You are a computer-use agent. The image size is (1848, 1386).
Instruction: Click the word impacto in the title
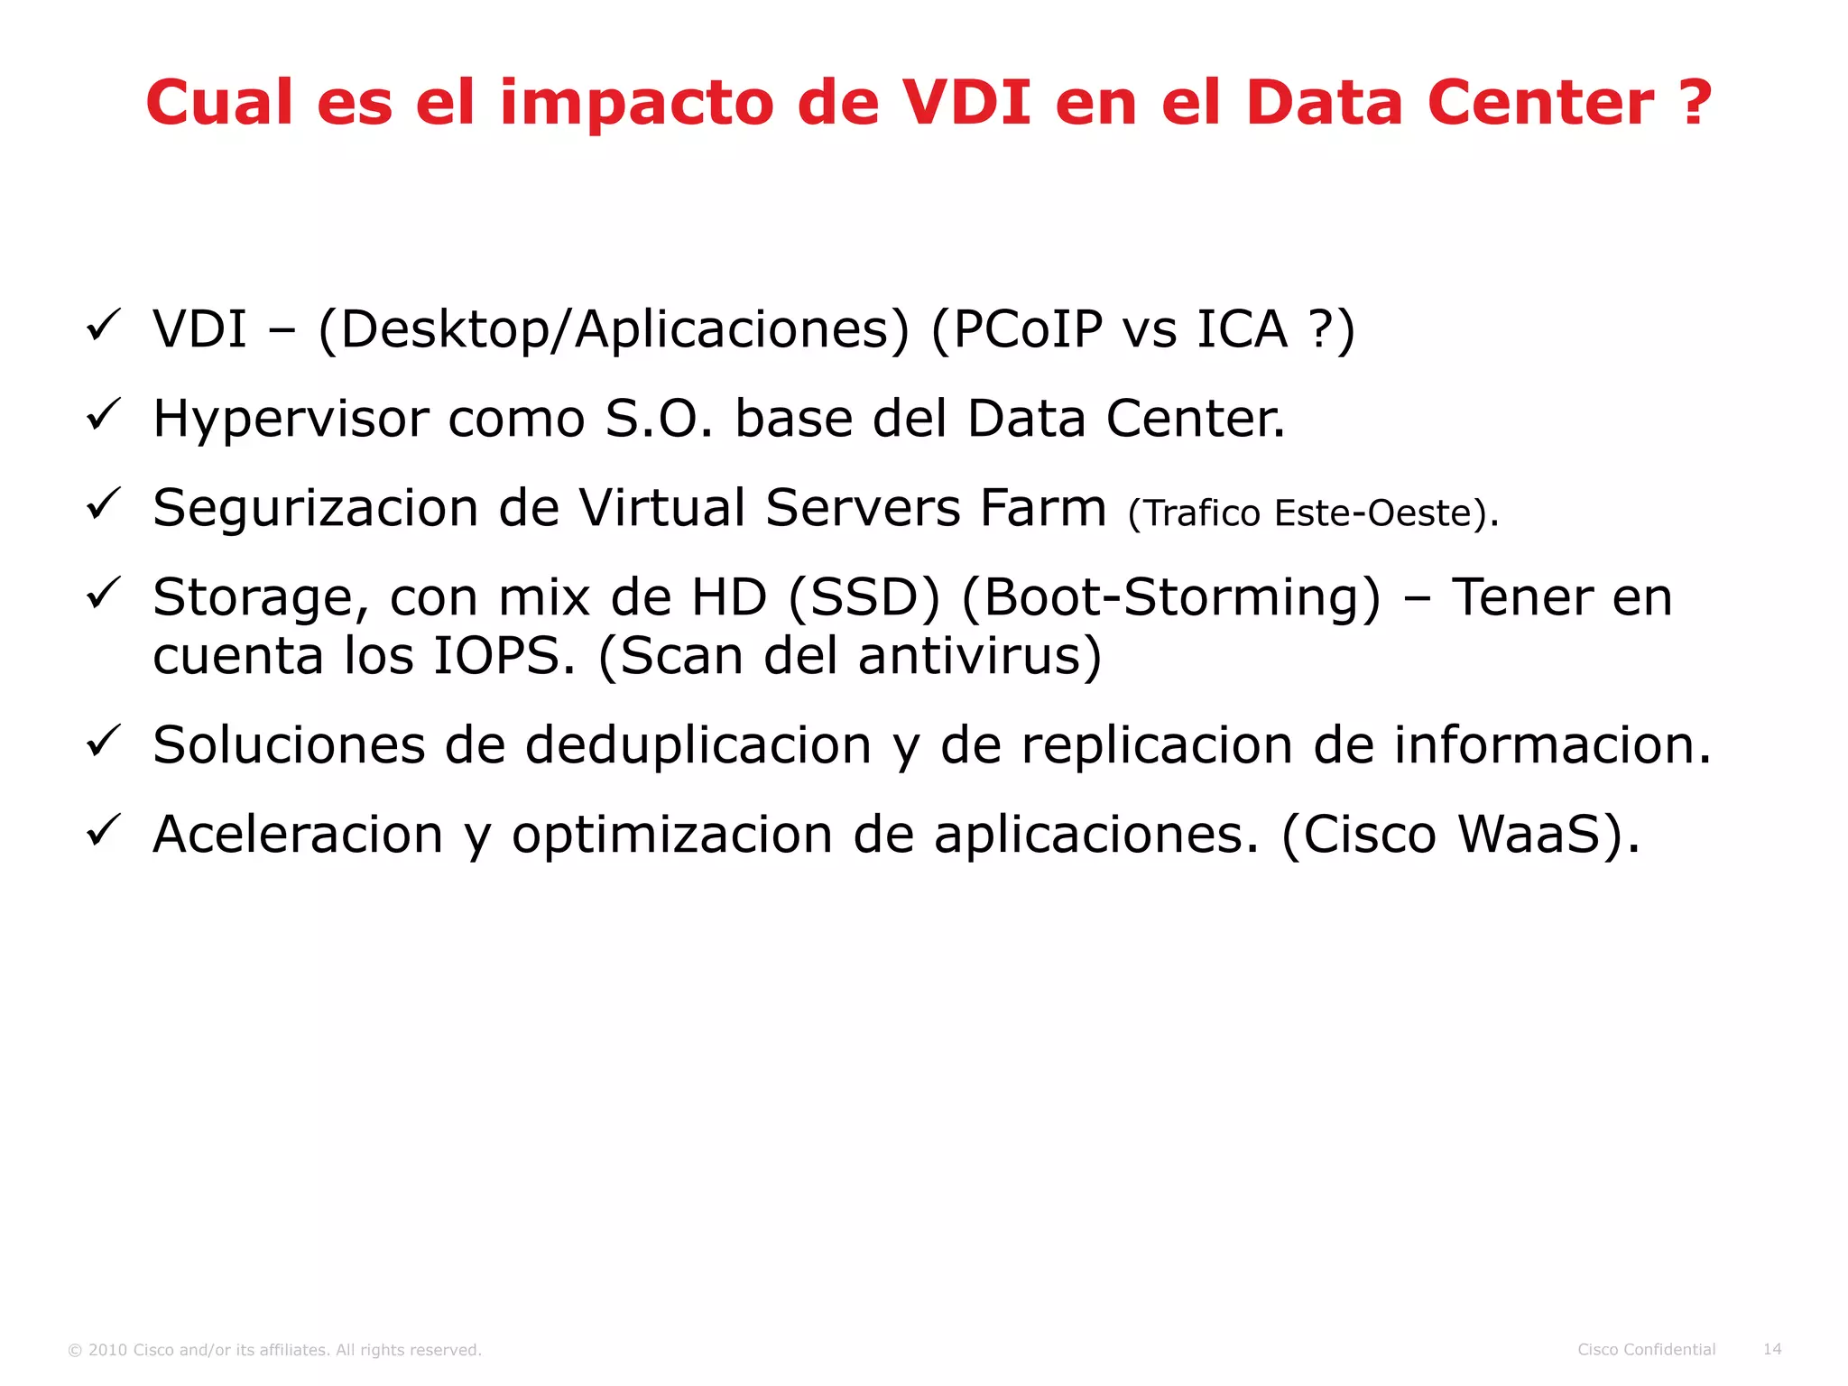(637, 104)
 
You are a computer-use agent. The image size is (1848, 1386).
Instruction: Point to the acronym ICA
(1242, 329)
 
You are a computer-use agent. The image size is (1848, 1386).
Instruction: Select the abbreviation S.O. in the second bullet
(658, 419)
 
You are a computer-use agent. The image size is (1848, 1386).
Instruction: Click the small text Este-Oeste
(1372, 513)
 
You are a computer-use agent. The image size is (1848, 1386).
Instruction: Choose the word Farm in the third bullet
(1043, 508)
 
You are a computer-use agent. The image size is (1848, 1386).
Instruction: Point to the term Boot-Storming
(1170, 598)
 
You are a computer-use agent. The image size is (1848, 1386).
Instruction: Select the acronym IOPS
(504, 656)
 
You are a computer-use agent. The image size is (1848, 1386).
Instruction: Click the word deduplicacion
(698, 745)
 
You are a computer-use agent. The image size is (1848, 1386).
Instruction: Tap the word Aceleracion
(298, 835)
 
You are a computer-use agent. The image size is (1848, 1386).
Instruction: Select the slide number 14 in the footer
(1772, 1349)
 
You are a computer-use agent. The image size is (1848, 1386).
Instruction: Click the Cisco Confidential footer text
(1646, 1349)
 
